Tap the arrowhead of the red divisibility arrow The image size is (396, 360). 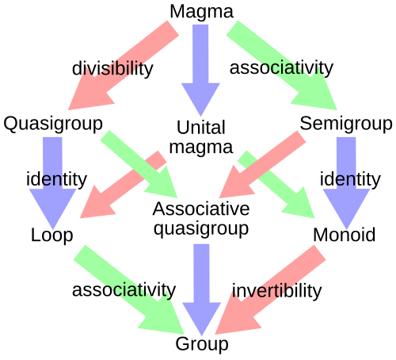[x=83, y=96]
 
